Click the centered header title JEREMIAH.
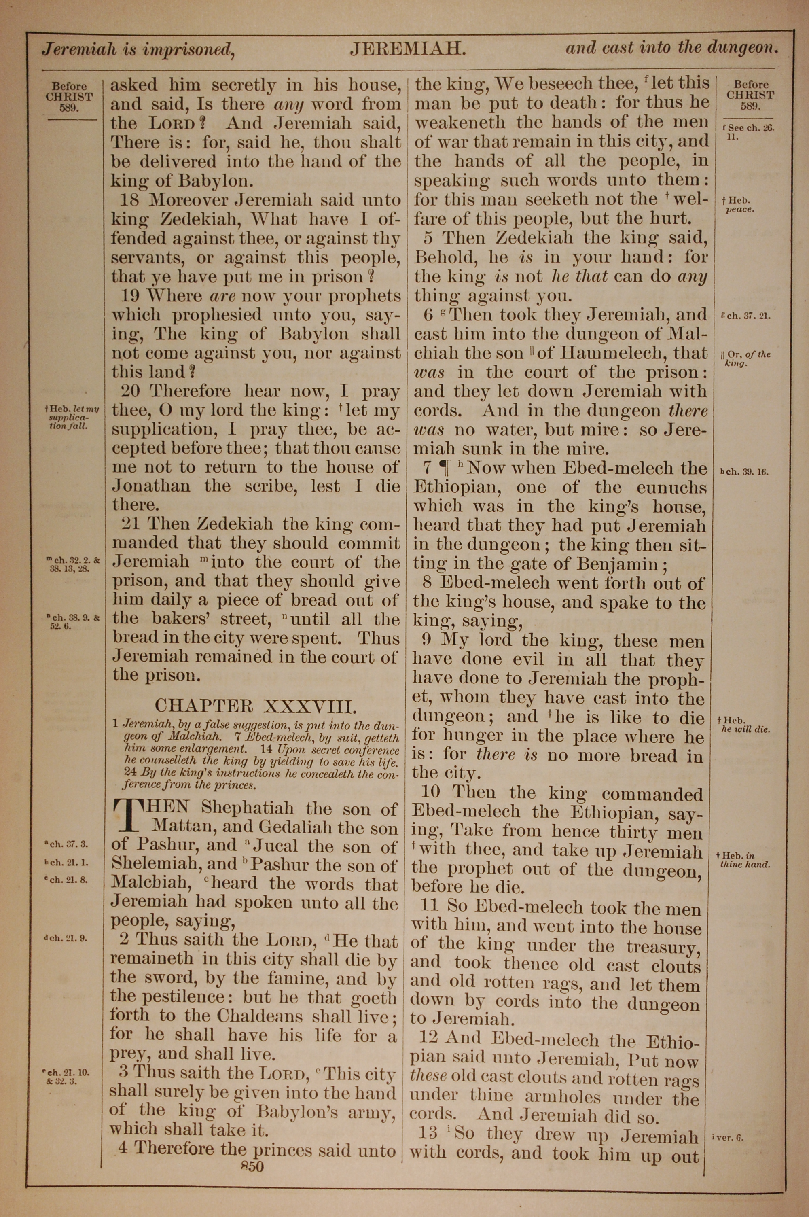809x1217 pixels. [408, 49]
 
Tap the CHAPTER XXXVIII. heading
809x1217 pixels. [255, 705]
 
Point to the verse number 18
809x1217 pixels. [129, 200]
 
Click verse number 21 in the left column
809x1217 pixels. [131, 524]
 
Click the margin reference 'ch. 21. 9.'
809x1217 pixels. [66, 938]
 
